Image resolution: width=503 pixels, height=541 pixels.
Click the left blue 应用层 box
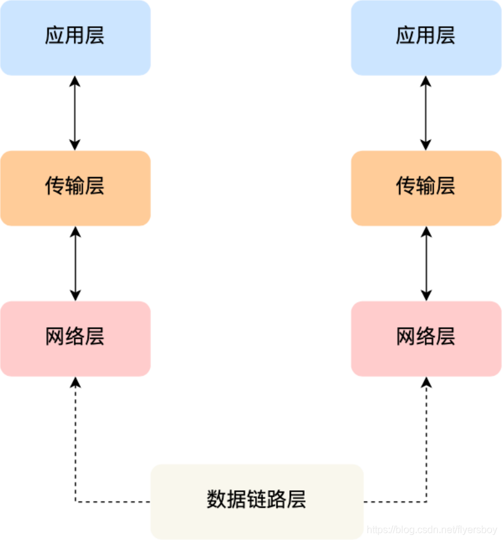tap(75, 38)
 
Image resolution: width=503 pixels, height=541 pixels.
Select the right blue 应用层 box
tap(426, 38)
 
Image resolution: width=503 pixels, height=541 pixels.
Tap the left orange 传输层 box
tap(75, 188)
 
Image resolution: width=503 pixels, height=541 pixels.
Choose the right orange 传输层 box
tap(426, 188)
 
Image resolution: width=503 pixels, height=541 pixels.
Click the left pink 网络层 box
tap(75, 338)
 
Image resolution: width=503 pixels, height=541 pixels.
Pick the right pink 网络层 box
tap(426, 338)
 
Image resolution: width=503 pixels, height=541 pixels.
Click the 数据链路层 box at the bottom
tap(257, 501)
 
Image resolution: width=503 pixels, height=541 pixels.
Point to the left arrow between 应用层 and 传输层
tap(75, 113)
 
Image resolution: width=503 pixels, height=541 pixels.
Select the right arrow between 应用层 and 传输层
tap(426, 113)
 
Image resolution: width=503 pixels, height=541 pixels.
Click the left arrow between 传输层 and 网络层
tap(75, 263)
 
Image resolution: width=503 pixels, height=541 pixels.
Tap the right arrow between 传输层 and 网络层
tap(426, 263)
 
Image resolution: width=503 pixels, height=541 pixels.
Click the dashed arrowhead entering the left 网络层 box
tap(75, 382)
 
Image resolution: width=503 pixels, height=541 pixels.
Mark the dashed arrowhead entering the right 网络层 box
tap(426, 382)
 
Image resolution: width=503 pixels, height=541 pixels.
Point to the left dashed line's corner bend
tap(76, 501)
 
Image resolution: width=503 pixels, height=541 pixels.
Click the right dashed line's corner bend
tap(426, 501)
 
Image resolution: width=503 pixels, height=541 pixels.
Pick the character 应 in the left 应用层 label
tap(55, 36)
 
